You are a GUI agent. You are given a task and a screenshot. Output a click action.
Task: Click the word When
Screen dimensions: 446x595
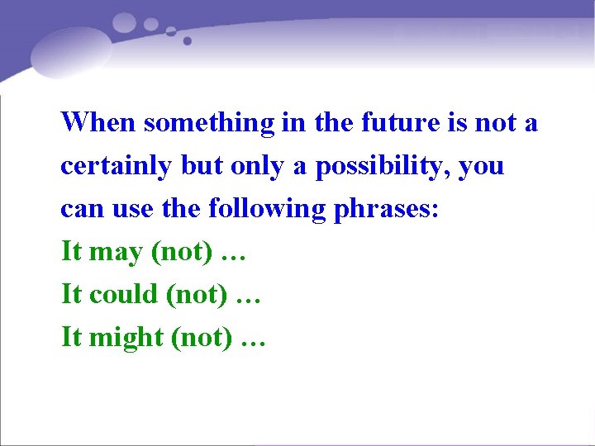coord(98,123)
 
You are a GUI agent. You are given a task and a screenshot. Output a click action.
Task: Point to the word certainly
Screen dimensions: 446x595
coord(117,166)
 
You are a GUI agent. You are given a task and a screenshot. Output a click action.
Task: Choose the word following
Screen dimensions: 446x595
coord(268,209)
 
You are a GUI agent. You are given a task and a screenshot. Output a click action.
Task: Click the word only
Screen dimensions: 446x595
coord(258,166)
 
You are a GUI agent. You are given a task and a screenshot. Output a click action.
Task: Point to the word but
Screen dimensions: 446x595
coord(202,166)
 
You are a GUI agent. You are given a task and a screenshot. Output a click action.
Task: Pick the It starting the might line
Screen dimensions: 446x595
coord(71,337)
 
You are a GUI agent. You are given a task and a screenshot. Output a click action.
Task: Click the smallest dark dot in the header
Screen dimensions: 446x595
coord(188,40)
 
